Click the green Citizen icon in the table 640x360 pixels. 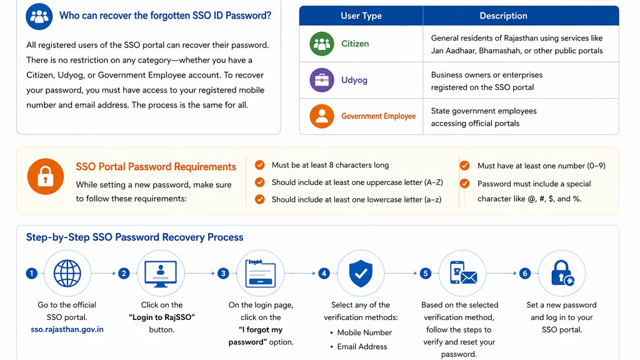pos(322,44)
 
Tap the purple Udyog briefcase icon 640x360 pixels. pos(322,81)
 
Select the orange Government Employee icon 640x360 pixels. pos(322,116)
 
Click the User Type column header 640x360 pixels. pos(361,16)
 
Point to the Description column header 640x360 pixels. pos(503,16)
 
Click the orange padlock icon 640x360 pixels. pos(46,176)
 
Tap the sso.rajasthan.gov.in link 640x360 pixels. pos(67,329)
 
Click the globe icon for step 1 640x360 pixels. pos(67,273)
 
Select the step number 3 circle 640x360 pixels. pos(223,273)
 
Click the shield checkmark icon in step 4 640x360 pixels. pos(361,273)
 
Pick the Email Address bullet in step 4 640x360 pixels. pos(362,346)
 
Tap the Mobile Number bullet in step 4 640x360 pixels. pos(364,332)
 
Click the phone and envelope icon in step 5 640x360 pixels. pos(462,273)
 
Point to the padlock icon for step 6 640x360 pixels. pos(561,273)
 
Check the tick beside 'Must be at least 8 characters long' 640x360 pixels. pos(260,165)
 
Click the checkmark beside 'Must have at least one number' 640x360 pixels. pos(464,166)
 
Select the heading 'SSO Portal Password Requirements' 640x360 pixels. pos(156,167)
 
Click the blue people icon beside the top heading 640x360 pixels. pos(39,16)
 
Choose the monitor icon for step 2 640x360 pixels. pos(161,273)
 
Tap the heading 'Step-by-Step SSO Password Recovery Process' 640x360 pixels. pos(134,237)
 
